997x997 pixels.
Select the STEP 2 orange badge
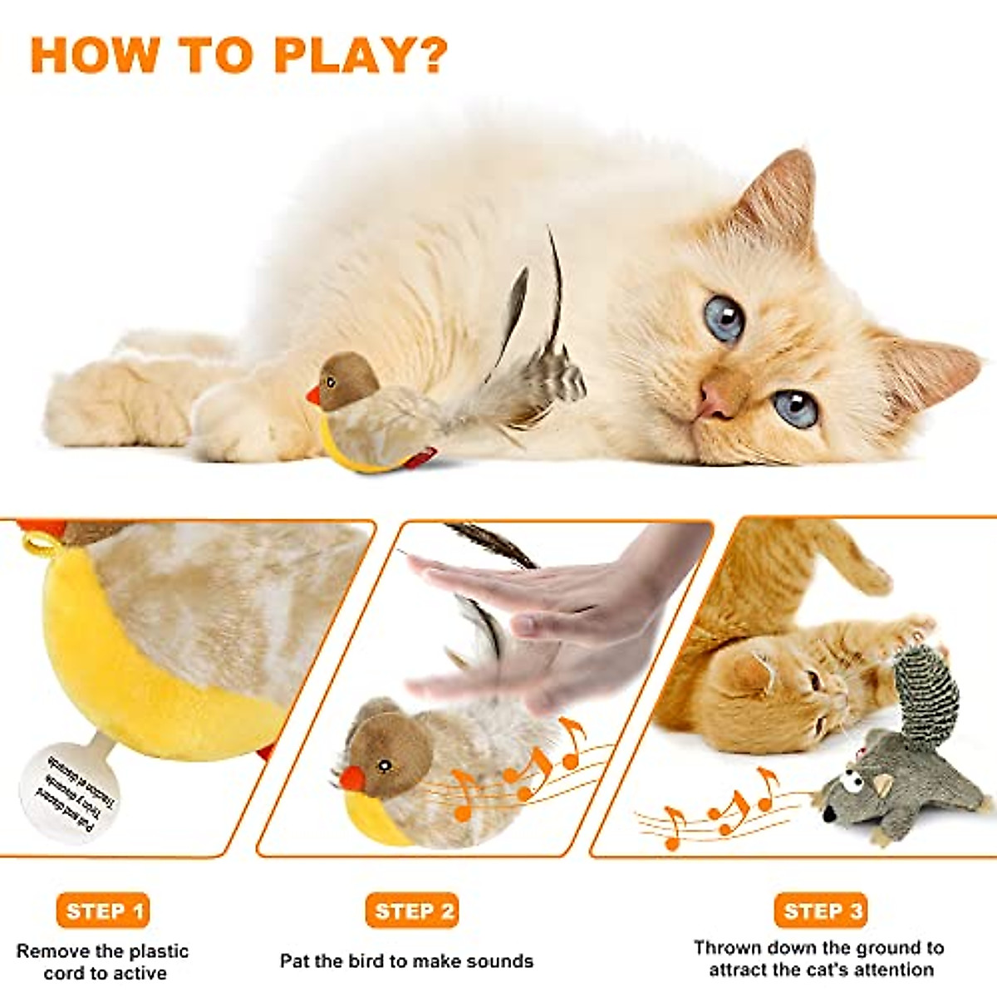[x=412, y=911]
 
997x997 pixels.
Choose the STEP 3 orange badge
[x=821, y=911]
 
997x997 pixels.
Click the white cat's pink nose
[x=713, y=399]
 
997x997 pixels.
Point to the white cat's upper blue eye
[x=724, y=318]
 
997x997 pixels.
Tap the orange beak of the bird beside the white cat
[x=313, y=395]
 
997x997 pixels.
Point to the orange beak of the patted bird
[x=352, y=778]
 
